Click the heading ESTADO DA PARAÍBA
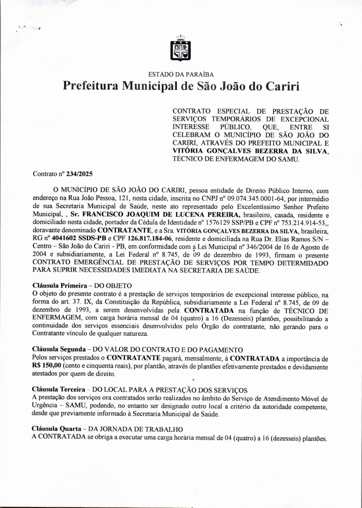pos(181,74)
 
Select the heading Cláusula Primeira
pos(60,286)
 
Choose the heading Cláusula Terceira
pos(58,390)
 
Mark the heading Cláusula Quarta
pos(57,429)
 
